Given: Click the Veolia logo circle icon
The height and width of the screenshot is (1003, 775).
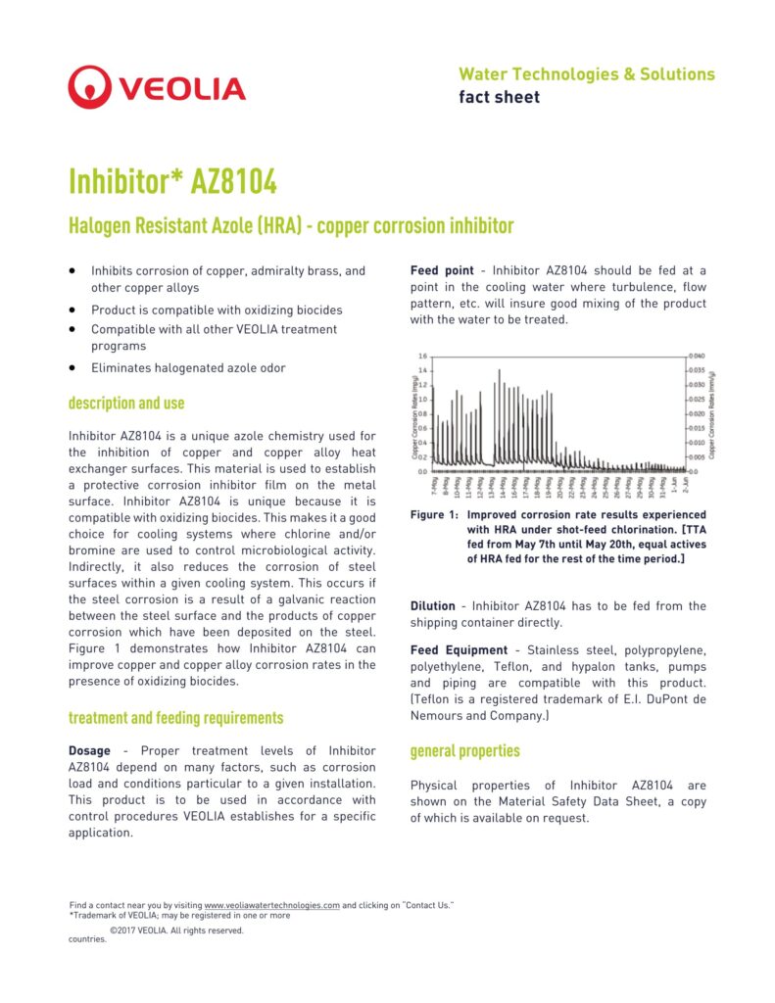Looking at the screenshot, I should [89, 87].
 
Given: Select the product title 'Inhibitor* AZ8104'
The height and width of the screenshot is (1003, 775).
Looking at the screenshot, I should [172, 181].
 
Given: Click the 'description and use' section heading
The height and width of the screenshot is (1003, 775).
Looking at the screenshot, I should [126, 404].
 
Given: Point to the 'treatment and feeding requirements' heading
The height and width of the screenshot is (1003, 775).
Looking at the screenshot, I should [175, 718].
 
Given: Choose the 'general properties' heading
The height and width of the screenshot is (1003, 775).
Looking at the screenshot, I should [464, 751].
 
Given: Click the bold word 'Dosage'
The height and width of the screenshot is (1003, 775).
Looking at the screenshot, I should [89, 750].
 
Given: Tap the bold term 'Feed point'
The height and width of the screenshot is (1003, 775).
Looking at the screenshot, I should [441, 270].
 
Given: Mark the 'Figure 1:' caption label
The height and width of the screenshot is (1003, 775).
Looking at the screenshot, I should [434, 515].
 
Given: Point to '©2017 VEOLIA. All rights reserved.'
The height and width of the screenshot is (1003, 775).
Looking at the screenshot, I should [176, 931].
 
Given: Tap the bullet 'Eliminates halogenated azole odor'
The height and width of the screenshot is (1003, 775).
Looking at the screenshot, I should [188, 368].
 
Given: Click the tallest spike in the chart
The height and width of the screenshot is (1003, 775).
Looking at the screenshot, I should [500, 371].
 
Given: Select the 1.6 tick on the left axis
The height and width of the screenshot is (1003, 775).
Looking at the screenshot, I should [422, 357].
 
